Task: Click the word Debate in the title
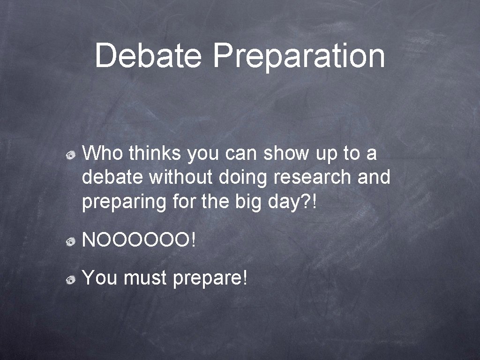pos(148,55)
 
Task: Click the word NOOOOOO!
pos(140,240)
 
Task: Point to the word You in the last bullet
pos(99,278)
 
